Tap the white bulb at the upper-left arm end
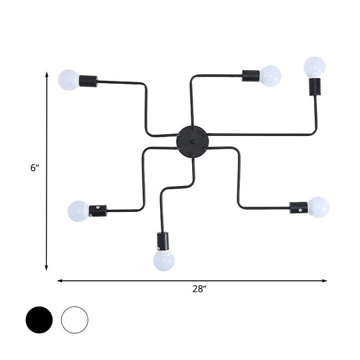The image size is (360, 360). click(x=69, y=80)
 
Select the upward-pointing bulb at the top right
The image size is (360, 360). click(x=314, y=67)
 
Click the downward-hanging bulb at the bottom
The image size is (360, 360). click(x=163, y=260)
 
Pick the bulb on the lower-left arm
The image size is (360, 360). click(x=78, y=211)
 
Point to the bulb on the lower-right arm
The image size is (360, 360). click(x=318, y=207)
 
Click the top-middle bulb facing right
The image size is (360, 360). click(x=270, y=75)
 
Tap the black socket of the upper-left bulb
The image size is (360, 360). click(x=88, y=81)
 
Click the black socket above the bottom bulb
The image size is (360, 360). click(x=163, y=240)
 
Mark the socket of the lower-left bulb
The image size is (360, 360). click(x=97, y=210)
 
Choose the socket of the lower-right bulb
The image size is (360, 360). click(x=299, y=207)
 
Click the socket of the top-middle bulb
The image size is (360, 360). click(x=251, y=75)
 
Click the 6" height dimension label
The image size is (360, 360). click(x=35, y=169)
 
